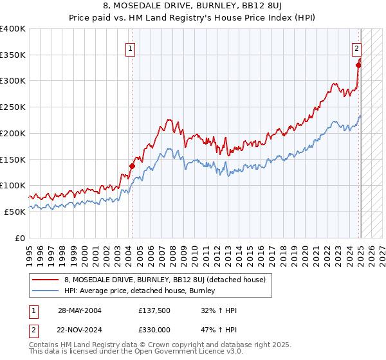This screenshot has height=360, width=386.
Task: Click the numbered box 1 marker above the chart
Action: click(x=131, y=47)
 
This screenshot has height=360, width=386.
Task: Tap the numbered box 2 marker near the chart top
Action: click(x=356, y=47)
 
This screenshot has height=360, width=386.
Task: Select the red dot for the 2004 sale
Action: click(x=132, y=166)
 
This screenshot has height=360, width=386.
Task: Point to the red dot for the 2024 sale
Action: click(x=359, y=64)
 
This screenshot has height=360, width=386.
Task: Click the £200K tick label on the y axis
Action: click(x=13, y=133)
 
